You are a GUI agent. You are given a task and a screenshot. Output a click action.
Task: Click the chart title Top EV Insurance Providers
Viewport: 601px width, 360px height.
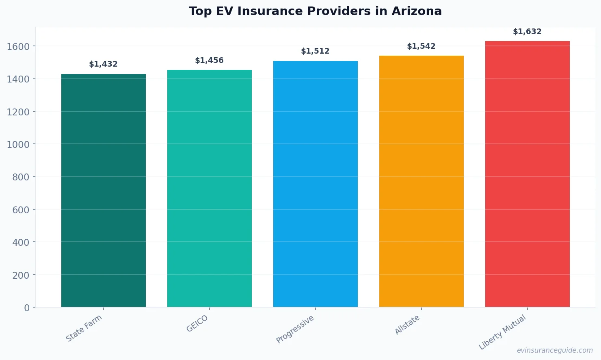click(x=315, y=11)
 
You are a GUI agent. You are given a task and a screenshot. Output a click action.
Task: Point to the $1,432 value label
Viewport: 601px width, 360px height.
click(x=104, y=64)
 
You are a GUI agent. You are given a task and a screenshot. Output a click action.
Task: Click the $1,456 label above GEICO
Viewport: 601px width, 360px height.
click(x=210, y=61)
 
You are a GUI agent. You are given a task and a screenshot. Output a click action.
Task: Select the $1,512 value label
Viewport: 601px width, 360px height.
click(x=316, y=51)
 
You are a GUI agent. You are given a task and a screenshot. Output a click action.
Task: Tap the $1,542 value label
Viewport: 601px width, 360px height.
click(x=422, y=46)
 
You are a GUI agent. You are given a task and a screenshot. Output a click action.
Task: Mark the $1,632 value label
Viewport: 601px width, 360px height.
click(x=527, y=32)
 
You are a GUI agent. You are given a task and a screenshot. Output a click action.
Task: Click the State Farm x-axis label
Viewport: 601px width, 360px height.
click(x=84, y=328)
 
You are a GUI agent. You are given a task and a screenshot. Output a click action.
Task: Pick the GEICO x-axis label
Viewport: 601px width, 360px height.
click(x=197, y=324)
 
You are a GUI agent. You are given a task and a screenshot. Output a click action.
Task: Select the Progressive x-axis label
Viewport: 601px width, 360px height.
click(x=295, y=330)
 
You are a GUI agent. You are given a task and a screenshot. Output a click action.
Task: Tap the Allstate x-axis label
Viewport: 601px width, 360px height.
click(x=407, y=325)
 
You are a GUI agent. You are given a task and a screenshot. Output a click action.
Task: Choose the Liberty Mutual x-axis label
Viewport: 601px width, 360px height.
click(x=502, y=332)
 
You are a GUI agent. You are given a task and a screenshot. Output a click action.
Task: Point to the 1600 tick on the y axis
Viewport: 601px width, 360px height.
click(x=18, y=47)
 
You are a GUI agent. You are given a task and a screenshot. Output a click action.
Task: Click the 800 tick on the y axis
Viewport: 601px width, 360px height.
click(x=21, y=177)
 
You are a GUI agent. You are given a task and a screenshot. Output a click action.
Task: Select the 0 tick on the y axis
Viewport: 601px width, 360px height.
click(x=27, y=308)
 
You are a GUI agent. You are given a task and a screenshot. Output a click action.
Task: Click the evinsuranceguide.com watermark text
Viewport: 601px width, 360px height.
click(x=555, y=350)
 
